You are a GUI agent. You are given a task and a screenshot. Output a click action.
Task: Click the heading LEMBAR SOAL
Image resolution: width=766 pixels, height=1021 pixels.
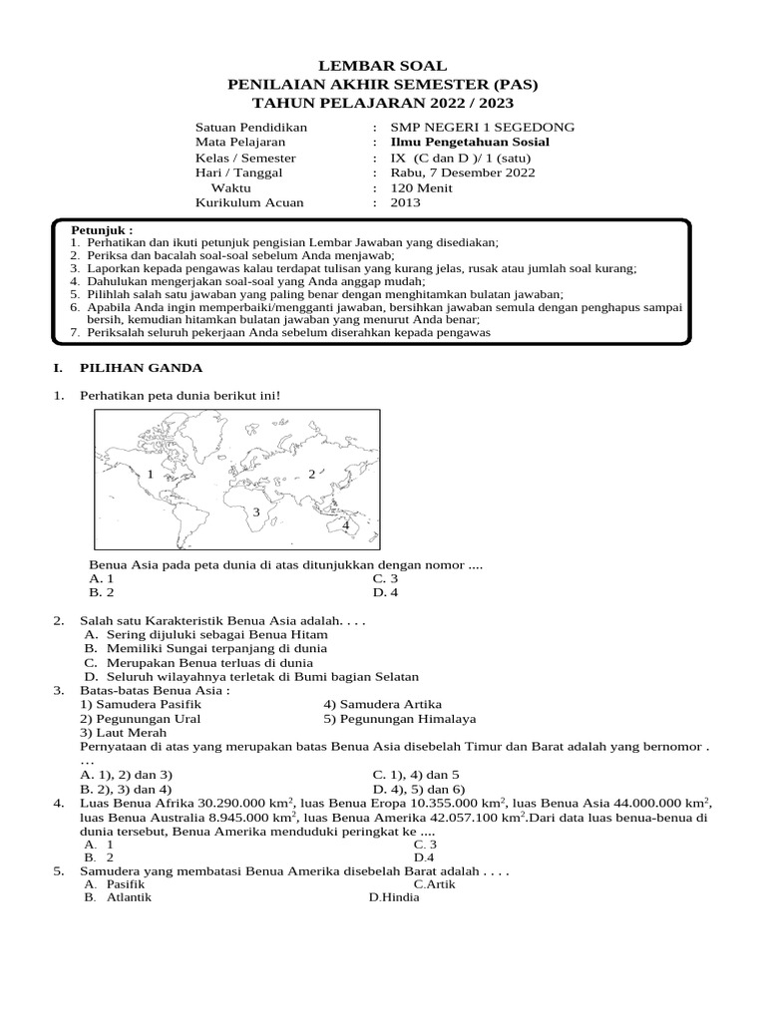tap(383, 66)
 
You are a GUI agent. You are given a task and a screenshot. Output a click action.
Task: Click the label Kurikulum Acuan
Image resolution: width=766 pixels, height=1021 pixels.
tap(249, 202)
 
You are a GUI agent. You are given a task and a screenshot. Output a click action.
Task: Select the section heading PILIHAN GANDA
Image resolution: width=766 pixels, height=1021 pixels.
tap(143, 368)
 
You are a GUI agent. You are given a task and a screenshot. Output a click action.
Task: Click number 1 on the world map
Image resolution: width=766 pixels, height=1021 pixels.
tap(149, 475)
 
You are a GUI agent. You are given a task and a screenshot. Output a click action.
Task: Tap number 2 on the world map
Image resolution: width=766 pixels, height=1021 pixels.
tap(311, 475)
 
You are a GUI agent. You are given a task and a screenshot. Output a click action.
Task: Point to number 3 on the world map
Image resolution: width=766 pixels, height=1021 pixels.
tap(256, 511)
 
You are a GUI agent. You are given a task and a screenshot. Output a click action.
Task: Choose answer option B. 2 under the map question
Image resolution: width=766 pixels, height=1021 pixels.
tap(102, 592)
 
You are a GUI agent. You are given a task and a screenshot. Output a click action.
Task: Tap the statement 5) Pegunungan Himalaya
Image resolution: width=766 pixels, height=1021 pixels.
tap(399, 718)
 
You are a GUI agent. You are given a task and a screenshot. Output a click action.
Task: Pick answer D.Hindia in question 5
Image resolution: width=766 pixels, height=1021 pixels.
tap(394, 897)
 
